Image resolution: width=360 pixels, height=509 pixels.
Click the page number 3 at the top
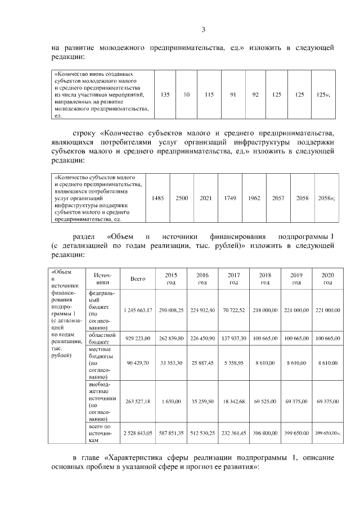click(204, 30)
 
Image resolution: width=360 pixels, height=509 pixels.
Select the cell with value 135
click(165, 94)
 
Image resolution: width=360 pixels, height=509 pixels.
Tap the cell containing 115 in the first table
click(209, 94)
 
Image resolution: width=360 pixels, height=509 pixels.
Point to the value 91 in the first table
click(232, 94)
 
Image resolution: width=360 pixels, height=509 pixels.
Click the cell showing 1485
click(158, 199)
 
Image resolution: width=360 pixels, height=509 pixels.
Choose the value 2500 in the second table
click(182, 199)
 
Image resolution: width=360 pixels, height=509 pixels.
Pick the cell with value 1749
click(229, 199)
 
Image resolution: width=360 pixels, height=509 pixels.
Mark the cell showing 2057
click(278, 199)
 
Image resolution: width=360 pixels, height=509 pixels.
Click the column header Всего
click(138, 278)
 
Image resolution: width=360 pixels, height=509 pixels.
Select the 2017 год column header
click(233, 278)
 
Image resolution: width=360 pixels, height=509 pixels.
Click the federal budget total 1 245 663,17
click(138, 310)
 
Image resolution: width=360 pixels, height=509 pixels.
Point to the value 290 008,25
click(171, 310)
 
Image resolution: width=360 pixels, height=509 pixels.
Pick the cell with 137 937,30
click(233, 339)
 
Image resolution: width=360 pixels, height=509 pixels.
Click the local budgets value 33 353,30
click(171, 363)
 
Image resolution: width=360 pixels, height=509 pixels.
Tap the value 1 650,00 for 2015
click(171, 400)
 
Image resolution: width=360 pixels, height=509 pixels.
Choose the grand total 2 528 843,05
click(138, 434)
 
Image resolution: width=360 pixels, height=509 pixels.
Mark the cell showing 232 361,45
click(233, 434)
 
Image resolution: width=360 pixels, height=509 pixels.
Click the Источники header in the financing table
click(102, 278)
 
